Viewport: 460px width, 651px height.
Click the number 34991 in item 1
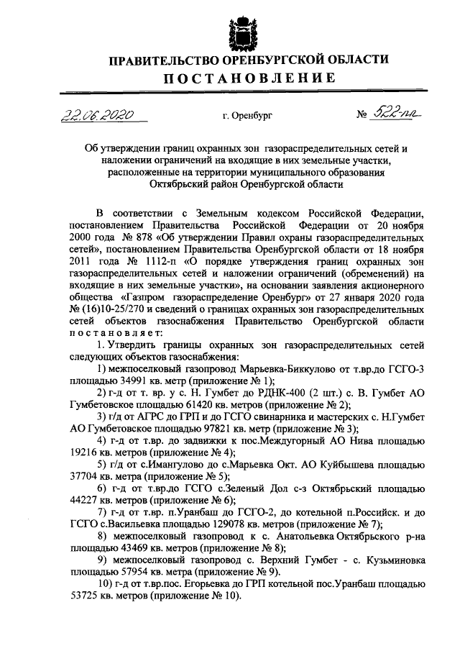click(127, 380)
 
